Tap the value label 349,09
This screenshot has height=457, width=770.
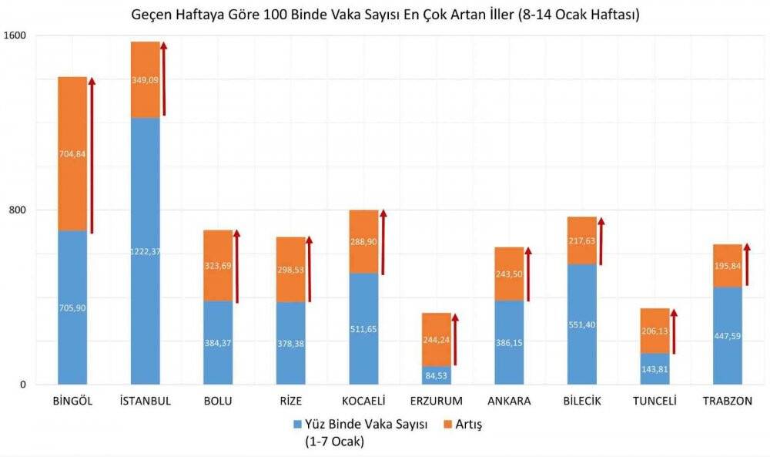coord(145,79)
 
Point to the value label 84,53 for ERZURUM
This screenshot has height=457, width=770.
coord(436,375)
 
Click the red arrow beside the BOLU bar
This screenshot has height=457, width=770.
coord(237,266)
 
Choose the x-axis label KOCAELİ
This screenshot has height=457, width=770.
coord(363,402)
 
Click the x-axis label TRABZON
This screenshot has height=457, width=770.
coord(728,402)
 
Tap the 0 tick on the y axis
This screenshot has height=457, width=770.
coord(23,385)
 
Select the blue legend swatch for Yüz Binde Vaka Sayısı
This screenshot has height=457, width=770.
coord(298,425)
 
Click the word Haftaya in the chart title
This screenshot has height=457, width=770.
coord(205,15)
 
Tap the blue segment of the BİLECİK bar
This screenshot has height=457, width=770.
coord(582,324)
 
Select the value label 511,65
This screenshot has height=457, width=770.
coord(363,330)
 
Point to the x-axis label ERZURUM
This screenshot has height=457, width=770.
coord(437,402)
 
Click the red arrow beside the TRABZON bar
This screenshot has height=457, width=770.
coord(747,264)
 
